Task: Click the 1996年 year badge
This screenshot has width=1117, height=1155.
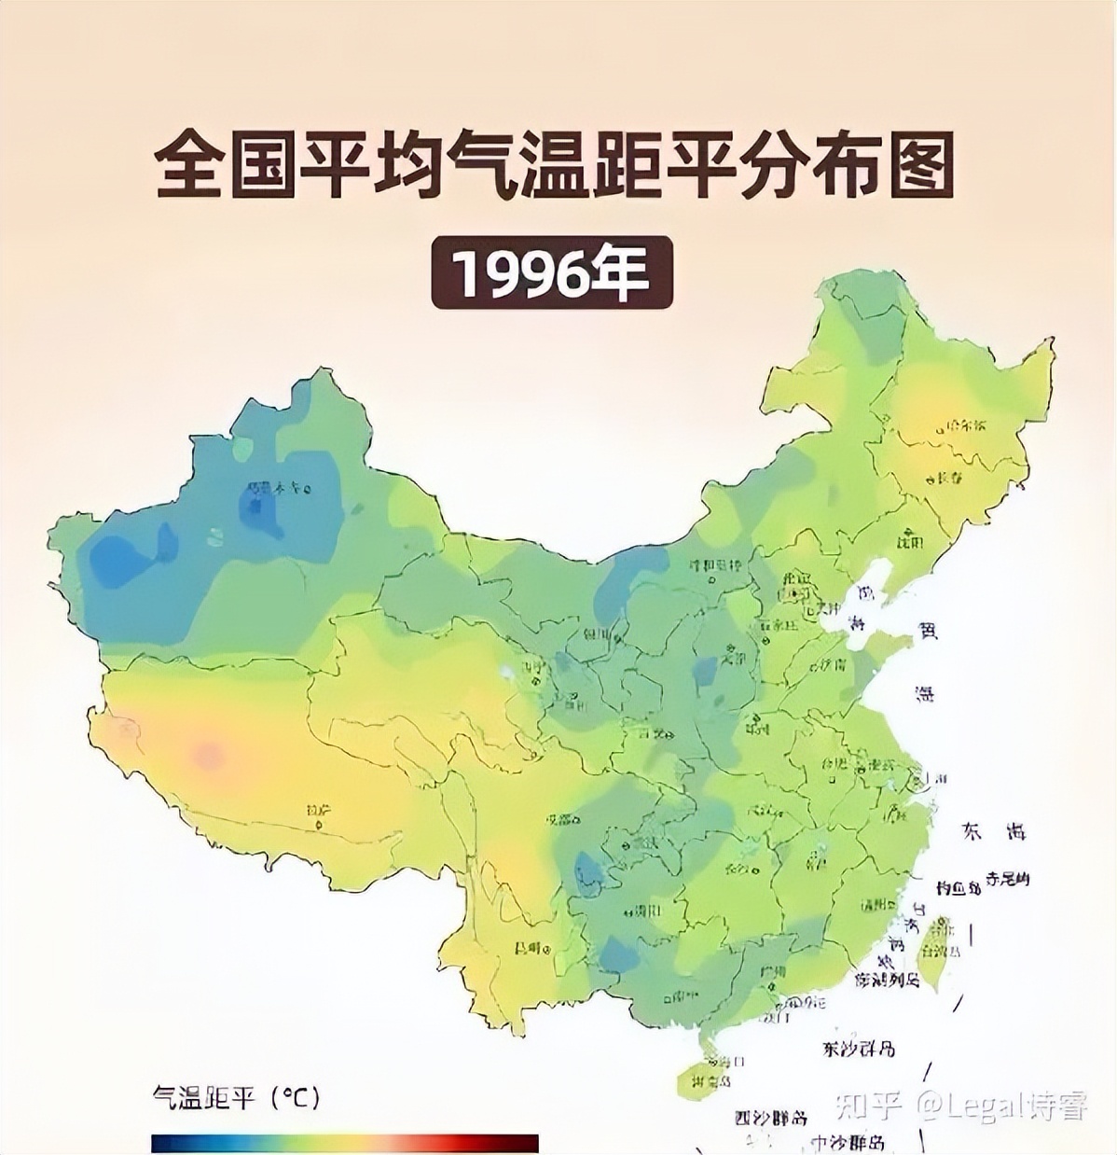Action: (x=551, y=271)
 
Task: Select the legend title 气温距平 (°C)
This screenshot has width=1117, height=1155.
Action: (x=236, y=1098)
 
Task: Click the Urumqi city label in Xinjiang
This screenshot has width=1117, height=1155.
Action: (x=276, y=487)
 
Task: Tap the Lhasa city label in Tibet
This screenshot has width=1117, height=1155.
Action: (x=317, y=813)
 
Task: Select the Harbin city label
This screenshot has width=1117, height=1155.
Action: (x=964, y=425)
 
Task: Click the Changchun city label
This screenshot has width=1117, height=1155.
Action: (x=949, y=478)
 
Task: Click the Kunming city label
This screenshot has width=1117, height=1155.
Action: (x=528, y=948)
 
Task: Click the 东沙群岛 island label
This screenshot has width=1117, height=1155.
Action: (x=859, y=1049)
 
